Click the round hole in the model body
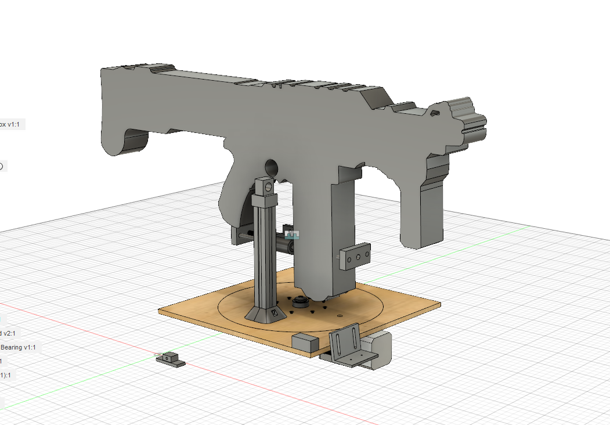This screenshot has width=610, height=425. point(271,167)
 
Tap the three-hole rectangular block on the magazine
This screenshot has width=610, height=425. point(355,257)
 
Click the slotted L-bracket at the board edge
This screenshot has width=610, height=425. point(348,348)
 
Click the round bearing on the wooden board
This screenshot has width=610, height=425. point(300,302)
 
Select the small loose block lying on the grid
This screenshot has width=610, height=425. point(169,359)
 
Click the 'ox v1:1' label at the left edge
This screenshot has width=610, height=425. point(12,124)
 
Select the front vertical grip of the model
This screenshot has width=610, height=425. point(424,209)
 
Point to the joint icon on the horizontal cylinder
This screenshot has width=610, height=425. point(293,235)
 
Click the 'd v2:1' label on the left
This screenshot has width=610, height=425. point(9,333)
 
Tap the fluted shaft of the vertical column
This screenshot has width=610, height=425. point(265,255)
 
